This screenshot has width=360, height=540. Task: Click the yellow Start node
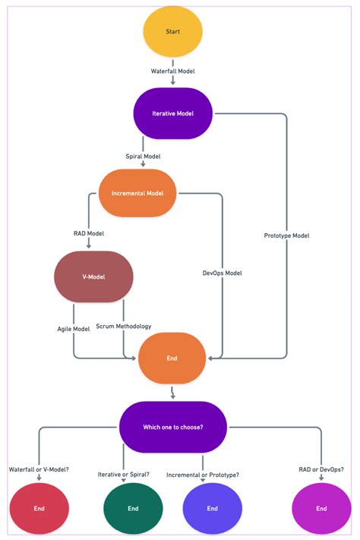(x=172, y=32)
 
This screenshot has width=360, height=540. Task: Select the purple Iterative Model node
(x=172, y=113)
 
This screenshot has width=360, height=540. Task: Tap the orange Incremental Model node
(x=137, y=193)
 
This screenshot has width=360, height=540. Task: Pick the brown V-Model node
(x=93, y=277)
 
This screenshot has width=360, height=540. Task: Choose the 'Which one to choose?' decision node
(x=172, y=427)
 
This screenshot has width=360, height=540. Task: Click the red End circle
(x=39, y=508)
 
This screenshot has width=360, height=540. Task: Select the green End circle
(x=133, y=508)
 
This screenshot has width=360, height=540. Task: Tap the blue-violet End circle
(x=213, y=508)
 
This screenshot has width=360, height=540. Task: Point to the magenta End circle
(x=321, y=508)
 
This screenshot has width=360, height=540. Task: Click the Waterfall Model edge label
(x=172, y=71)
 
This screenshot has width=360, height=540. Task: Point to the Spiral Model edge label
(x=143, y=156)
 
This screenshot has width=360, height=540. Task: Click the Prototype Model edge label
(x=286, y=235)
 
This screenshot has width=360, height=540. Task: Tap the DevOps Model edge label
(x=223, y=273)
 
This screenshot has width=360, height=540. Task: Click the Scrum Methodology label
(x=124, y=326)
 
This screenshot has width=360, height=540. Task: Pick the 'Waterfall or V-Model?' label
(x=39, y=469)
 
